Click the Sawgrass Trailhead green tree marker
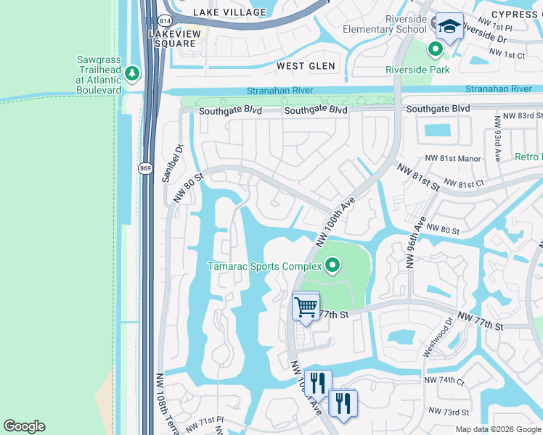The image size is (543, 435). point(131,72)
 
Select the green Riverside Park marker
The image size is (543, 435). point(435,50)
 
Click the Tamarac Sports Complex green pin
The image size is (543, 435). point(332,266)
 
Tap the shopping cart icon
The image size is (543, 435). point(306,306)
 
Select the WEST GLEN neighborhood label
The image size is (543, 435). point(306,66)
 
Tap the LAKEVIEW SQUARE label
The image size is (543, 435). point(173,38)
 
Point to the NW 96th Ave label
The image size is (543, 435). point(416,241)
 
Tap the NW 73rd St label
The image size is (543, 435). point(445,411)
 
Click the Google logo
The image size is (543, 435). point(24,426)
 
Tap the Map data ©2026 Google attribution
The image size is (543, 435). point(497,429)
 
